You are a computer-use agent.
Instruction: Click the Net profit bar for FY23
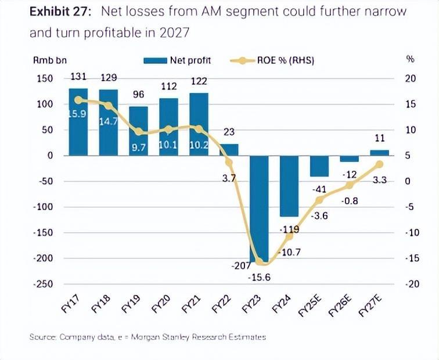pyautogui.click(x=259, y=209)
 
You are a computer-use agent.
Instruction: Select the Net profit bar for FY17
pyautogui.click(x=78, y=122)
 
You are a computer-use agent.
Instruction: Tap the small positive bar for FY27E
pyautogui.click(x=380, y=152)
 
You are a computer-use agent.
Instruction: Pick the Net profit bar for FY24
pyautogui.click(x=289, y=186)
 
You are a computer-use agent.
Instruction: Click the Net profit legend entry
pyautogui.click(x=178, y=60)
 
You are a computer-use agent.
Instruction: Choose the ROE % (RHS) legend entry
pyautogui.click(x=273, y=60)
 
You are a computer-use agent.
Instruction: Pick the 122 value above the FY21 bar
pyautogui.click(x=199, y=82)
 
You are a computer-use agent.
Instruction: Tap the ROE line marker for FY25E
pyautogui.click(x=319, y=200)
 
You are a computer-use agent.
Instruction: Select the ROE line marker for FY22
pyautogui.click(x=229, y=163)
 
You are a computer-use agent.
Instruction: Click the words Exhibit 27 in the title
pyautogui.click(x=62, y=12)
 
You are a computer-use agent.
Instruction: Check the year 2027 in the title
pyautogui.click(x=176, y=33)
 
